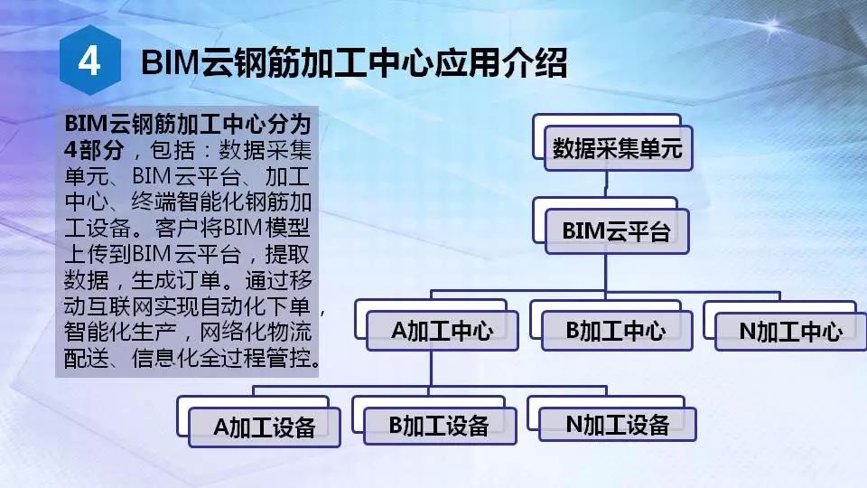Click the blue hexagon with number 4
(x=90, y=60)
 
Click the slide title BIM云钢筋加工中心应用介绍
(x=354, y=62)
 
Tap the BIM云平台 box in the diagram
(x=617, y=231)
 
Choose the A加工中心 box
(x=443, y=331)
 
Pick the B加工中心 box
(x=617, y=331)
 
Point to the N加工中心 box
(x=791, y=332)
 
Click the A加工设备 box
(x=265, y=427)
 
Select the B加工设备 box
(x=440, y=426)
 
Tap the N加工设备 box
(x=618, y=425)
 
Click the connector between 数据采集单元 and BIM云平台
(x=606, y=184)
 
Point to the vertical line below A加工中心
(x=431, y=369)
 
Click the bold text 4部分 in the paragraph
(x=93, y=150)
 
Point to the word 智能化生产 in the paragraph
(x=120, y=333)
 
